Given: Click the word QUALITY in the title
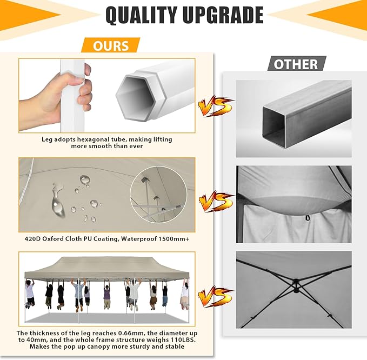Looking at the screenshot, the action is (x=142, y=15).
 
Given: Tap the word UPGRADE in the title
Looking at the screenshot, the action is (x=223, y=15).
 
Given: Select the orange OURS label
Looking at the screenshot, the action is (x=111, y=45).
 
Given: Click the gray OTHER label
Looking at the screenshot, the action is (x=296, y=64).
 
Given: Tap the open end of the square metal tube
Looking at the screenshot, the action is (x=275, y=127).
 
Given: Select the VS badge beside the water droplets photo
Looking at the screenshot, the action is (x=215, y=201).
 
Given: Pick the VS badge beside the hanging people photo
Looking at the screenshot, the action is (x=215, y=296).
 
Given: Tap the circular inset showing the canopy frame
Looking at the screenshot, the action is (x=159, y=194).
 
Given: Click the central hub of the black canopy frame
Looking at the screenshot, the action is (x=296, y=285).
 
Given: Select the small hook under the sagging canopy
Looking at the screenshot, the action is (x=307, y=218).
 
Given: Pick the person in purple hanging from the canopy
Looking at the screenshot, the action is (x=106, y=295).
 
